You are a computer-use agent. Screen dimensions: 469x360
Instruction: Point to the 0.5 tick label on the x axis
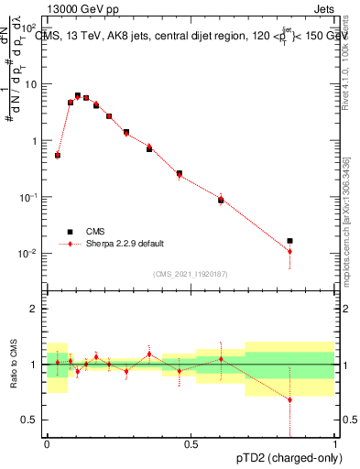click(x=191, y=444)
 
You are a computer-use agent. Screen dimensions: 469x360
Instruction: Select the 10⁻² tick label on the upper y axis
click(x=30, y=254)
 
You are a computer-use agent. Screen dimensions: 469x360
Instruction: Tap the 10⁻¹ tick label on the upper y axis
click(x=30, y=198)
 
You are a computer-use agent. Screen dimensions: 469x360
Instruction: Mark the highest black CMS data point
click(x=78, y=95)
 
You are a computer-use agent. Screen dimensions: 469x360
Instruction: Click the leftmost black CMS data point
click(x=58, y=156)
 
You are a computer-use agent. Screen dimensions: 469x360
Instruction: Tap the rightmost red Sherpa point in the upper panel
click(x=289, y=251)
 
